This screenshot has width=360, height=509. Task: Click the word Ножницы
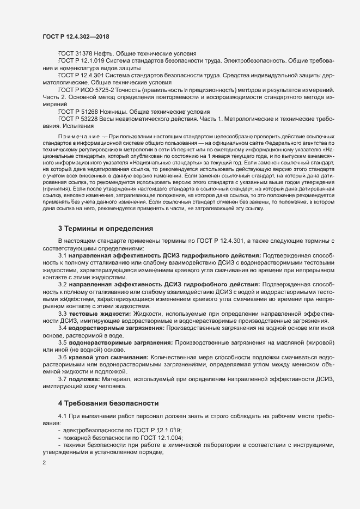[x=117, y=111]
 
